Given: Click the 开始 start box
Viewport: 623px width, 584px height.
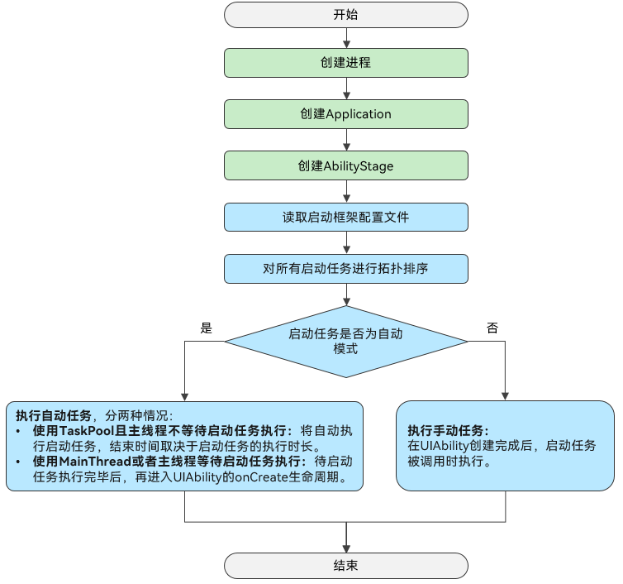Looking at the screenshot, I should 346,15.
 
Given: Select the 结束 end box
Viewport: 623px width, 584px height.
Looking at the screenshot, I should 346,566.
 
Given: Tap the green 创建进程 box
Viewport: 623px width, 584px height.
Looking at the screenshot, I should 346,63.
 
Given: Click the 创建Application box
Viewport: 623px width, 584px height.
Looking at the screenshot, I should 346,114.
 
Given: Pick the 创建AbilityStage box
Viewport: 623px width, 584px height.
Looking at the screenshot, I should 346,165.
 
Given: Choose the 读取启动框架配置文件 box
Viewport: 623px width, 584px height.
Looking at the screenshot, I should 346,218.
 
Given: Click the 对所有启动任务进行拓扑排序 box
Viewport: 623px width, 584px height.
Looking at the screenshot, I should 346,269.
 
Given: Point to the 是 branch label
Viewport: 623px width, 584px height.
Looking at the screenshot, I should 207,328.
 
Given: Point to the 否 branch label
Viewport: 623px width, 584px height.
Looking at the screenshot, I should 492,328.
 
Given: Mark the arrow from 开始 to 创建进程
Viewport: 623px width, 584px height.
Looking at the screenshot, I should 346,38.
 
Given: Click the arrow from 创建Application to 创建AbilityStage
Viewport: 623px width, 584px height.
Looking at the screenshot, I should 346,140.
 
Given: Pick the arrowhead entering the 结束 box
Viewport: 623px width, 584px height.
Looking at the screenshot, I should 346,548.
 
